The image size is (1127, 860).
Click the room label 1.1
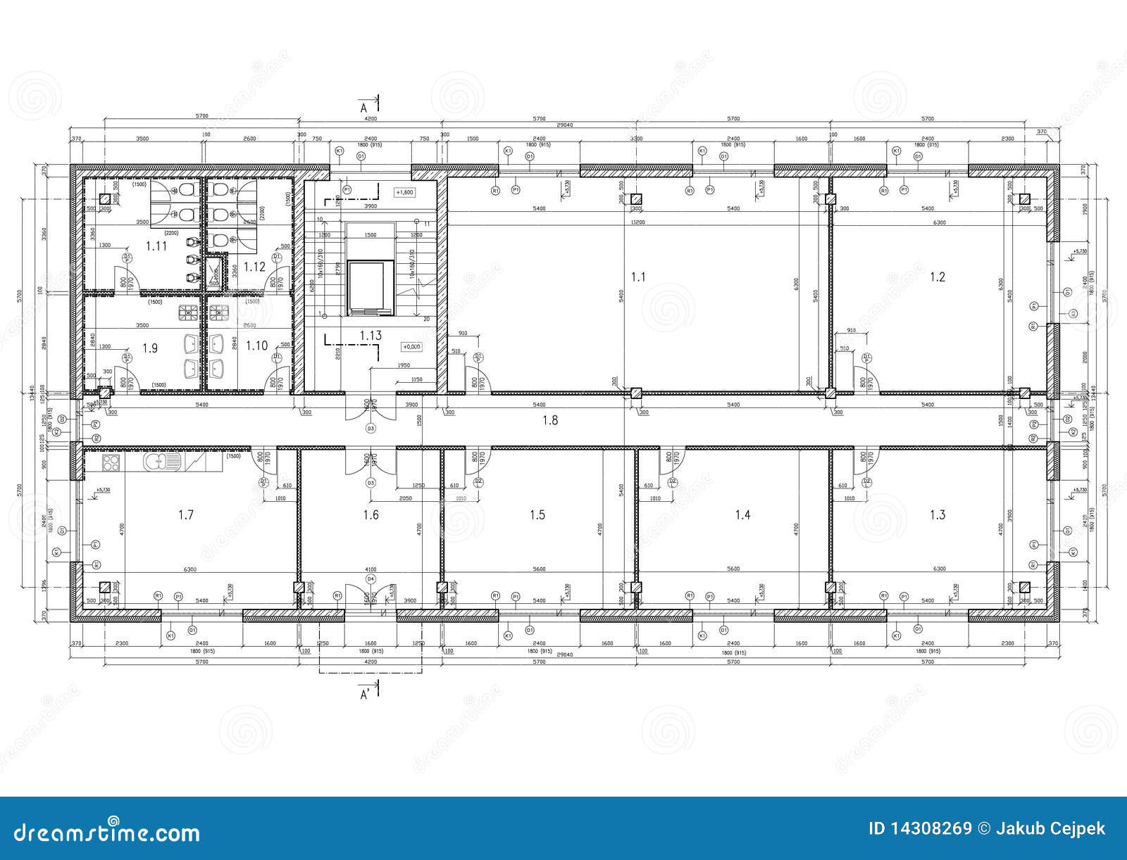coord(637,277)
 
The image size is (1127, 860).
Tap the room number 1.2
coord(937,277)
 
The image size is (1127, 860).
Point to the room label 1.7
coord(185,515)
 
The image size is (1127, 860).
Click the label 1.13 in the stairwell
coord(371,336)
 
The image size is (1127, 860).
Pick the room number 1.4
coord(742,515)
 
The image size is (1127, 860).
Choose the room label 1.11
coord(156,246)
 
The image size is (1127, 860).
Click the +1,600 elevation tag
coord(404,192)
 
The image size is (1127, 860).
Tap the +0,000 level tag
coord(410,346)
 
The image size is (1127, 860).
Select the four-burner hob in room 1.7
coord(111,462)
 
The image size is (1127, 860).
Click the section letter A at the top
coord(364,108)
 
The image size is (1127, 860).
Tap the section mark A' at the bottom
coord(366,695)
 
